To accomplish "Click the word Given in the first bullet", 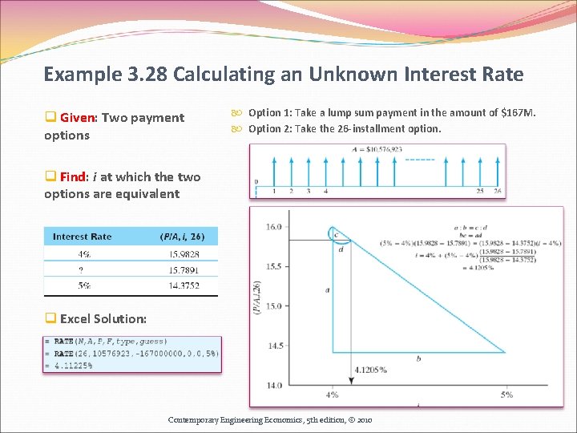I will [x=77, y=118].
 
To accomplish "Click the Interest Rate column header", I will [x=82, y=237].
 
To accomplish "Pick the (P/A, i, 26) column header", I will [x=182, y=237].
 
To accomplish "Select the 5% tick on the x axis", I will [x=506, y=395].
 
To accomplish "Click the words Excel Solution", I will [x=103, y=319].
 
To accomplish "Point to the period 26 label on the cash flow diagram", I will [x=498, y=191].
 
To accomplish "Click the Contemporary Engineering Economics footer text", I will [x=269, y=419].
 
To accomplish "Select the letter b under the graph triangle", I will [x=418, y=358].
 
